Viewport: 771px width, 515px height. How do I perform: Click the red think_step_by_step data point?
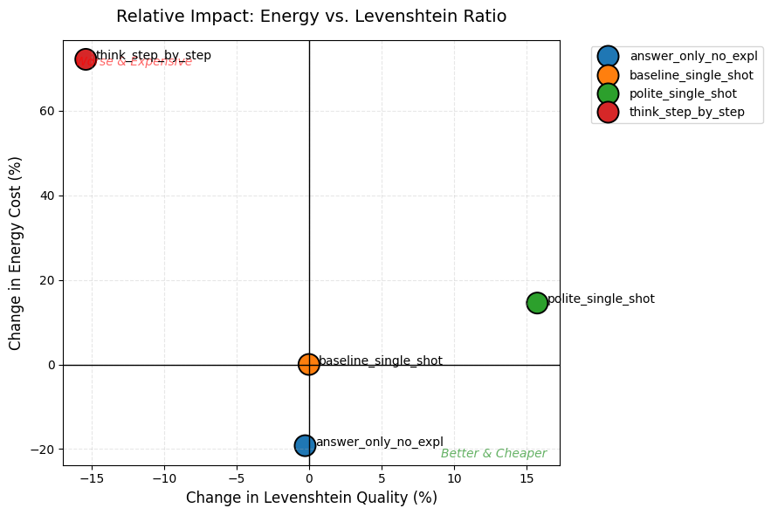pyautogui.click(x=86, y=59)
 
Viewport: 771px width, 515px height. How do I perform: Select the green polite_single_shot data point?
pyautogui.click(x=537, y=303)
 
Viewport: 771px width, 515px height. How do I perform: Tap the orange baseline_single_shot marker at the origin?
pyautogui.click(x=309, y=365)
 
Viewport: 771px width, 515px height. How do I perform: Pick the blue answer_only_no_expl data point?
pyautogui.click(x=305, y=445)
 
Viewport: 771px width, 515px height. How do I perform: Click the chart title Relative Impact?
pyautogui.click(x=311, y=17)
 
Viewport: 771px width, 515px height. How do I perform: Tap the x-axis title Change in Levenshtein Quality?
pyautogui.click(x=311, y=498)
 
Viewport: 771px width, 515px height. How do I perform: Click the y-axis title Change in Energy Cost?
pyautogui.click(x=15, y=253)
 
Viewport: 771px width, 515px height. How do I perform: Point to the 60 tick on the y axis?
pyautogui.click(x=49, y=111)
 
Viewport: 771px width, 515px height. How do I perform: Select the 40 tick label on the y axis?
pyautogui.click(x=49, y=196)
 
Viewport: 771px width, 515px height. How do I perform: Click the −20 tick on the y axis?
pyautogui.click(x=45, y=450)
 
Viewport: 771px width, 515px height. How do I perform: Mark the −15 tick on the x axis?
pyautogui.click(x=92, y=478)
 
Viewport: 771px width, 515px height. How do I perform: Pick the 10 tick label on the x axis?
pyautogui.click(x=454, y=478)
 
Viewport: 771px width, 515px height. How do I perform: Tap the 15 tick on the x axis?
pyautogui.click(x=527, y=478)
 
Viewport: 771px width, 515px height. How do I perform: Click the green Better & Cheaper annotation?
pyautogui.click(x=493, y=454)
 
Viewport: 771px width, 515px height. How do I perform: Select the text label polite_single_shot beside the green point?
pyautogui.click(x=601, y=299)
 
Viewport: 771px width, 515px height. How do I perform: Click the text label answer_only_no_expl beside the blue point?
pyautogui.click(x=379, y=442)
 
